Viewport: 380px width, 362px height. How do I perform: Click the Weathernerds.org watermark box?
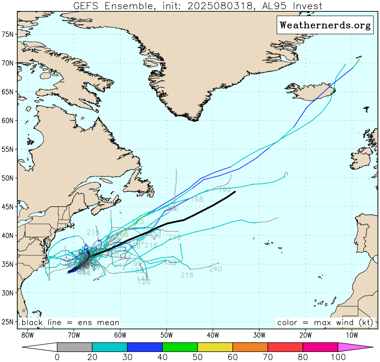pyautogui.click(x=325, y=25)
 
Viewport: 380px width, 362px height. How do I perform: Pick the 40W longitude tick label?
pyautogui.click(x=213, y=335)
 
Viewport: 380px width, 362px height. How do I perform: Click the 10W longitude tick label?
pyautogui.click(x=352, y=335)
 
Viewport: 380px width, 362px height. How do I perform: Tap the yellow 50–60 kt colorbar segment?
pyautogui.click(x=215, y=347)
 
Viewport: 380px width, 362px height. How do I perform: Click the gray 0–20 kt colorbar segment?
pyautogui.click(x=75, y=347)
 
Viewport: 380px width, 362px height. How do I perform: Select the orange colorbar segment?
pyautogui.click(x=250, y=347)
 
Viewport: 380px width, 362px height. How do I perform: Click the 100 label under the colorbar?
pyautogui.click(x=338, y=356)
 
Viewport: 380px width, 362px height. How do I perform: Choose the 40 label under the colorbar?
pyautogui.click(x=162, y=356)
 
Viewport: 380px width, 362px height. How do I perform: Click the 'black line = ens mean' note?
pyautogui.click(x=70, y=323)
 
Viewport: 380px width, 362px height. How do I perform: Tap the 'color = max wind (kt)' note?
pyautogui.click(x=325, y=323)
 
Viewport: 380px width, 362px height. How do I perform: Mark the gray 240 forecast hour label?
pyautogui.click(x=215, y=269)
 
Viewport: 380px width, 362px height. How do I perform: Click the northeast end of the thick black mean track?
pyautogui.click(x=235, y=192)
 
